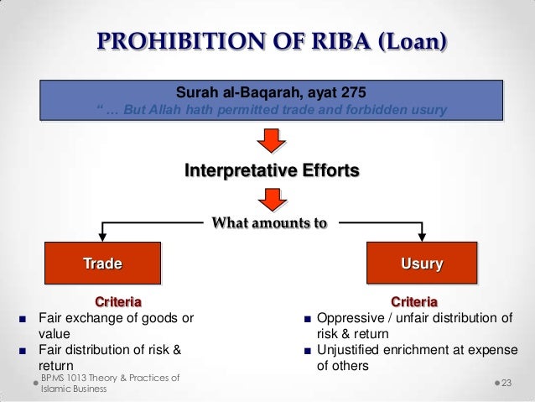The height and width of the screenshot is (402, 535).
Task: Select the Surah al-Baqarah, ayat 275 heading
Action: click(x=270, y=91)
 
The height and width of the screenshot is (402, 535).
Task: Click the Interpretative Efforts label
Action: click(x=272, y=171)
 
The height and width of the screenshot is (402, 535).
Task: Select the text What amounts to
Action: click(x=269, y=223)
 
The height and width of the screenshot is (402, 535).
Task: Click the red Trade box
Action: click(x=102, y=264)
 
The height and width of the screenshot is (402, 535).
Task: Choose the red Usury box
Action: click(x=422, y=264)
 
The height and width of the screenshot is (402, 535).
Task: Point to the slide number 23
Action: click(x=512, y=383)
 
